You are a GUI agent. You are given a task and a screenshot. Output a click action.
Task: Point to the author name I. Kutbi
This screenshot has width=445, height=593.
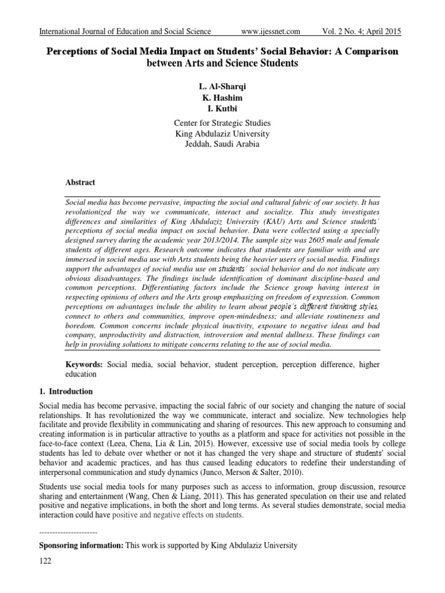[x=222, y=108]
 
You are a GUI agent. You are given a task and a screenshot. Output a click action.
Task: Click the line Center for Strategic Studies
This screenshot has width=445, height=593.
[x=222, y=123]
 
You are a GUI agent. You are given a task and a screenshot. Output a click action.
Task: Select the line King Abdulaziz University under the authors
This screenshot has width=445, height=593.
[x=222, y=133]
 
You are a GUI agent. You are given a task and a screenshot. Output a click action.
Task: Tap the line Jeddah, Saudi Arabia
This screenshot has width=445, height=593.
[x=222, y=144]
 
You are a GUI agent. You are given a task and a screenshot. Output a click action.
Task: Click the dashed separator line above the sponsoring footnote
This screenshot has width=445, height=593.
[x=68, y=532]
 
